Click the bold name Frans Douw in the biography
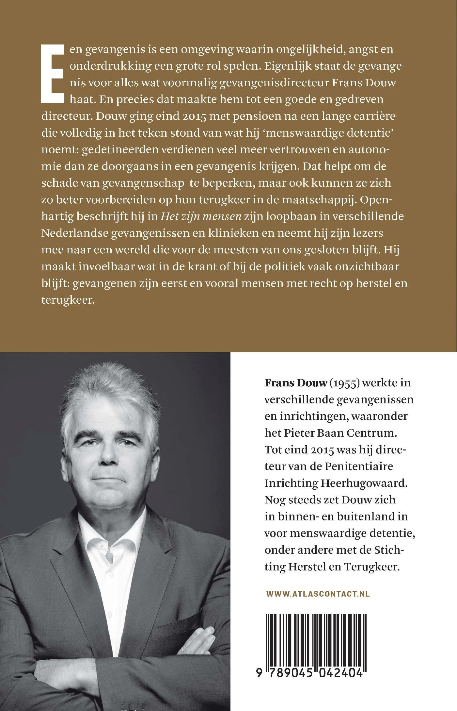[295, 383]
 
